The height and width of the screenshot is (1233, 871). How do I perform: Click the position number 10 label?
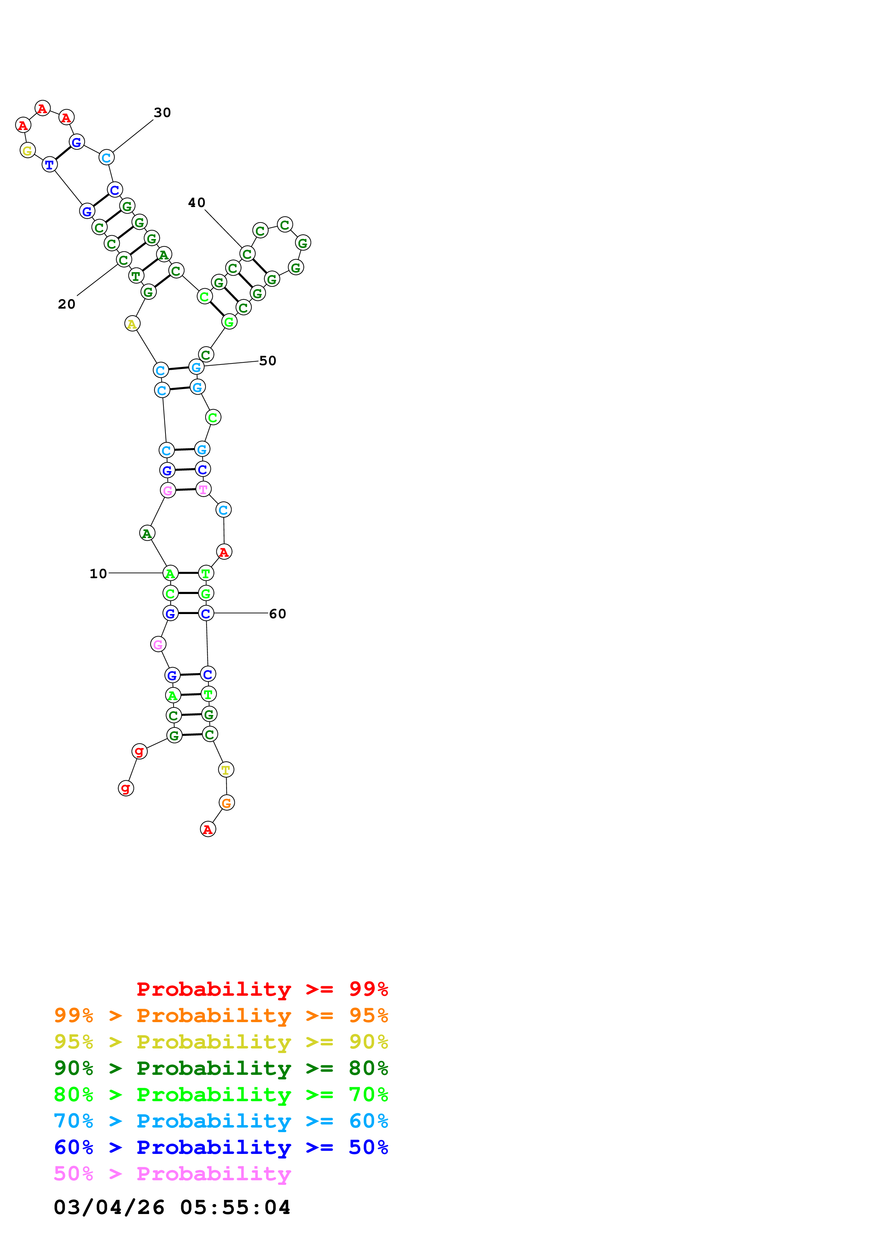pyautogui.click(x=98, y=574)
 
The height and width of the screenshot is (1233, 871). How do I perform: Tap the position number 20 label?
pyautogui.click(x=66, y=304)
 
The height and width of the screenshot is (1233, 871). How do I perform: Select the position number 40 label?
pyautogui.click(x=196, y=202)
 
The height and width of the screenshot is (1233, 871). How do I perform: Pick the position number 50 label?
pyautogui.click(x=267, y=361)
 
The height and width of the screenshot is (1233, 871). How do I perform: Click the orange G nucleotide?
pyautogui.click(x=227, y=803)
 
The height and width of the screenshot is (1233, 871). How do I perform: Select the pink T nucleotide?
pyautogui.click(x=203, y=489)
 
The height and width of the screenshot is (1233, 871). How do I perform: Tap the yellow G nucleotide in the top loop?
pyautogui.click(x=27, y=150)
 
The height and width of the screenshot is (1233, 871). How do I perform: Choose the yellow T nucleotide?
pyautogui.click(x=226, y=769)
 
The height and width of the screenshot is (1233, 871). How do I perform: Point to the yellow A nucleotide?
pyautogui.click(x=132, y=324)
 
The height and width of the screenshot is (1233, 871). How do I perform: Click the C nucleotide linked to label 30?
pyautogui.click(x=106, y=157)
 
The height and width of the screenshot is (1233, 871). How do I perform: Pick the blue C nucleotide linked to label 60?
pyautogui.click(x=206, y=613)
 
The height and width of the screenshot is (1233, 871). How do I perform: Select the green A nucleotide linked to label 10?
pyautogui.click(x=170, y=574)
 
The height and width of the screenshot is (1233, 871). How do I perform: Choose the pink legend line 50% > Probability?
pyautogui.click(x=172, y=1173)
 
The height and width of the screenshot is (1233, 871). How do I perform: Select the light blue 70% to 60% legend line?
pyautogui.click(x=221, y=1121)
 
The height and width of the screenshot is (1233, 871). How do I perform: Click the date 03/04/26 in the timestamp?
pyautogui.click(x=109, y=1207)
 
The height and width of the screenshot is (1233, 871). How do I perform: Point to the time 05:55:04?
pyautogui.click(x=235, y=1207)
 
